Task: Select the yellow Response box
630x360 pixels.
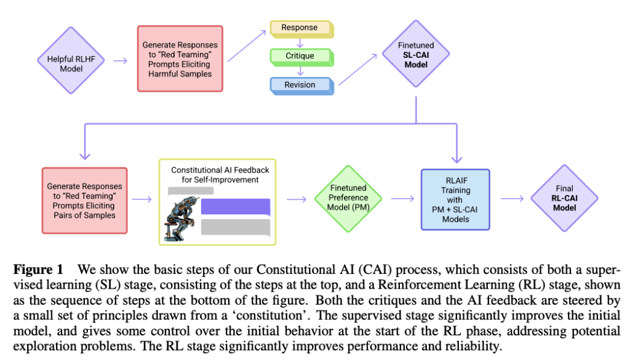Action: (300, 28)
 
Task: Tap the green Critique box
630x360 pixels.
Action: (300, 56)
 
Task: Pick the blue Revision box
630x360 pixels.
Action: (300, 85)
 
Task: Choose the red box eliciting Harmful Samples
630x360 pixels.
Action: (180, 59)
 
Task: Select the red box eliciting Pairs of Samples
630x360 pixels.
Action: (84, 201)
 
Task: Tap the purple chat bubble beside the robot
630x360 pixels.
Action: (236, 206)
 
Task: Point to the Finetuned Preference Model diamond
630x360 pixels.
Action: (348, 198)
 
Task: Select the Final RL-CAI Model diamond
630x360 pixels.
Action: (564, 198)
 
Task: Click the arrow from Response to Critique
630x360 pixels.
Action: (300, 42)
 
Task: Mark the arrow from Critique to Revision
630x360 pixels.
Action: (300, 71)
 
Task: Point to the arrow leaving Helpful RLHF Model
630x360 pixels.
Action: (121, 61)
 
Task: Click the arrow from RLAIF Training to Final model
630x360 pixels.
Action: (511, 199)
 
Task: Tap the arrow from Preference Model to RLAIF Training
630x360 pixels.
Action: (401, 199)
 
